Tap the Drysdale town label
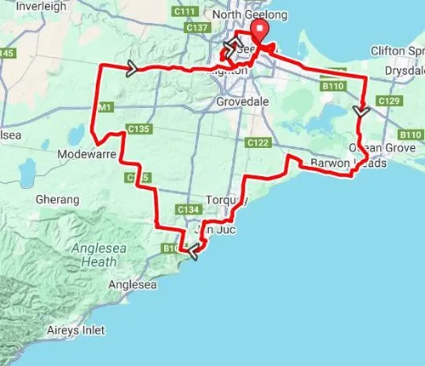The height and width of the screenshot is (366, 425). point(400,71)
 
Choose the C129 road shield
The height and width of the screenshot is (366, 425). point(389,101)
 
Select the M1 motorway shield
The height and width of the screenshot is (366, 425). point(105,107)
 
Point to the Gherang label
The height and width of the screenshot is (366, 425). point(56,199)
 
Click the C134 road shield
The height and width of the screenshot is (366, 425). point(189,209)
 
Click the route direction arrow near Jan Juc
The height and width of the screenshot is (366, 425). point(194,251)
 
